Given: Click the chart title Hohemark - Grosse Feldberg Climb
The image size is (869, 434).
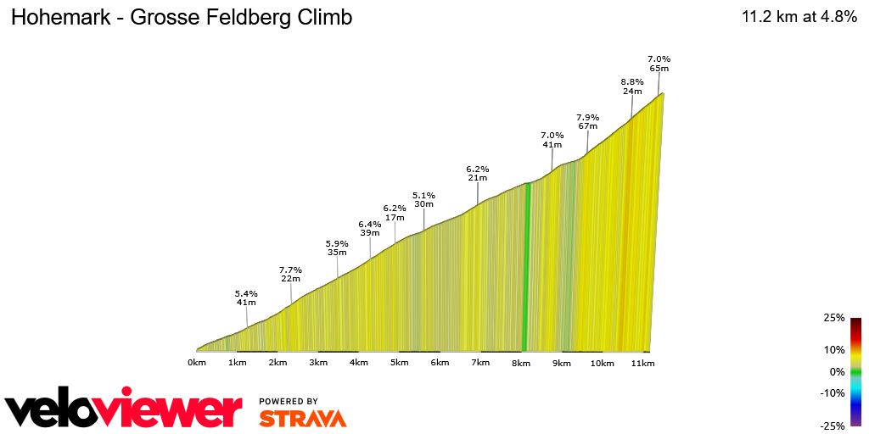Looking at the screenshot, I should pyautogui.click(x=181, y=18).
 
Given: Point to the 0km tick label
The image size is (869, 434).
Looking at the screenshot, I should pyautogui.click(x=197, y=363).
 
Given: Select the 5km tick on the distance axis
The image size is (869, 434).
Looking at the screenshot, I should pyautogui.click(x=399, y=363).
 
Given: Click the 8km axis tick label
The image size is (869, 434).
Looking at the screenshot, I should pyautogui.click(x=521, y=363).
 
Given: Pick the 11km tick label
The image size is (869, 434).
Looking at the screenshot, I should pyautogui.click(x=642, y=363).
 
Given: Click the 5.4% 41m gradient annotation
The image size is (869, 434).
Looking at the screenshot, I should pyautogui.click(x=246, y=298).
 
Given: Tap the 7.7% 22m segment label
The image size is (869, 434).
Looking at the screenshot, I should pyautogui.click(x=290, y=275).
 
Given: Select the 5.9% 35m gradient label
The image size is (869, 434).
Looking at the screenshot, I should pyautogui.click(x=338, y=248).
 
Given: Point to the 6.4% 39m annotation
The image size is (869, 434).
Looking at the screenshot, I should pyautogui.click(x=370, y=228).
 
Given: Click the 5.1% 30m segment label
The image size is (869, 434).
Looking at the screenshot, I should pyautogui.click(x=423, y=199).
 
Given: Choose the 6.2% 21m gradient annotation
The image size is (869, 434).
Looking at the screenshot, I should pyautogui.click(x=478, y=173).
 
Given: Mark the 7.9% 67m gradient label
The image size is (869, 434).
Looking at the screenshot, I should pyautogui.click(x=588, y=121).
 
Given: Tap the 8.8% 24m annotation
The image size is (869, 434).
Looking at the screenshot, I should pyautogui.click(x=632, y=86).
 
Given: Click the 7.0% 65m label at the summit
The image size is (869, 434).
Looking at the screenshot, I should pyautogui.click(x=659, y=63).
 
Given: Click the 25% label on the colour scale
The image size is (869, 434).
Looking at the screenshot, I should pyautogui.click(x=834, y=318).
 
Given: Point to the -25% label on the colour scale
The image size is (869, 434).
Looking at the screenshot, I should pyautogui.click(x=833, y=426).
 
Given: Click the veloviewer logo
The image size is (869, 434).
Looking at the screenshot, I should pyautogui.click(x=123, y=411).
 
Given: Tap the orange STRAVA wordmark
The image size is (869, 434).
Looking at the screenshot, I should pyautogui.click(x=302, y=418).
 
